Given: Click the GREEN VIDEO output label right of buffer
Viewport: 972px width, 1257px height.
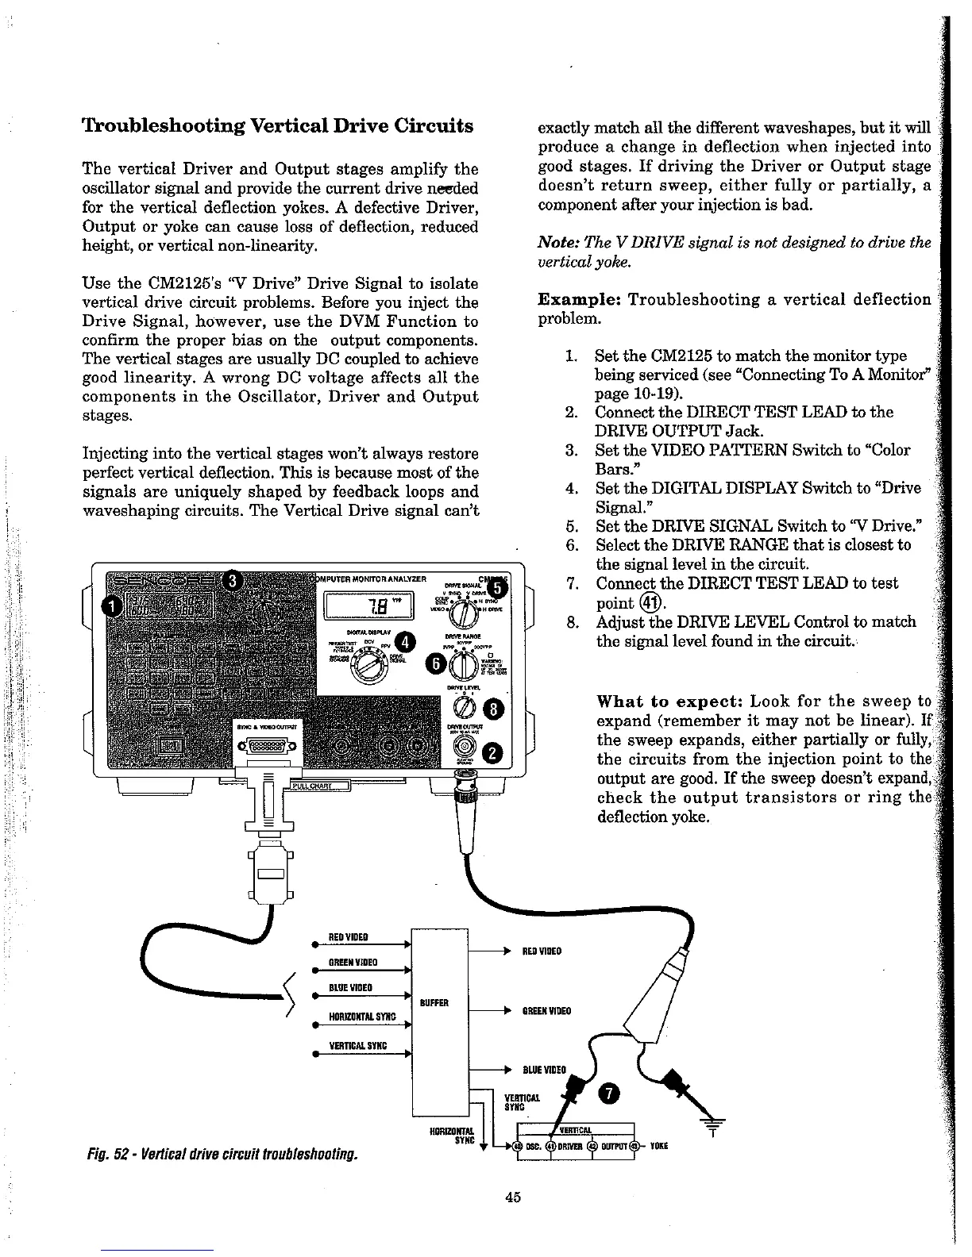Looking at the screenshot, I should tap(542, 1011).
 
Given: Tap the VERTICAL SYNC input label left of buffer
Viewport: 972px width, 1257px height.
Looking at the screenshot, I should tap(357, 1046).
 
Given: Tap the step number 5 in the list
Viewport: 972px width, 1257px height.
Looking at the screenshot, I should tap(570, 525).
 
